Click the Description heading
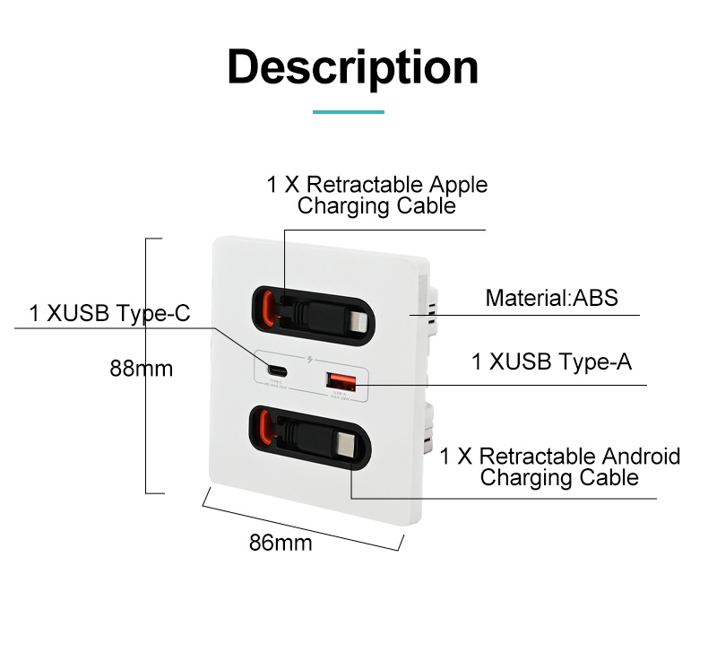click(x=353, y=68)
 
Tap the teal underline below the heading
click(x=348, y=111)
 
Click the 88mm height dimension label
click(x=141, y=368)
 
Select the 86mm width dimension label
click(x=281, y=542)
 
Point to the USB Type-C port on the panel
click(x=275, y=370)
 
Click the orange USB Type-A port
click(x=339, y=378)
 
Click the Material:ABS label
click(x=551, y=298)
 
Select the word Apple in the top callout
click(x=457, y=185)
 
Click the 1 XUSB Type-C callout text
click(x=110, y=313)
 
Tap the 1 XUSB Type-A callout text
click(x=552, y=362)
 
